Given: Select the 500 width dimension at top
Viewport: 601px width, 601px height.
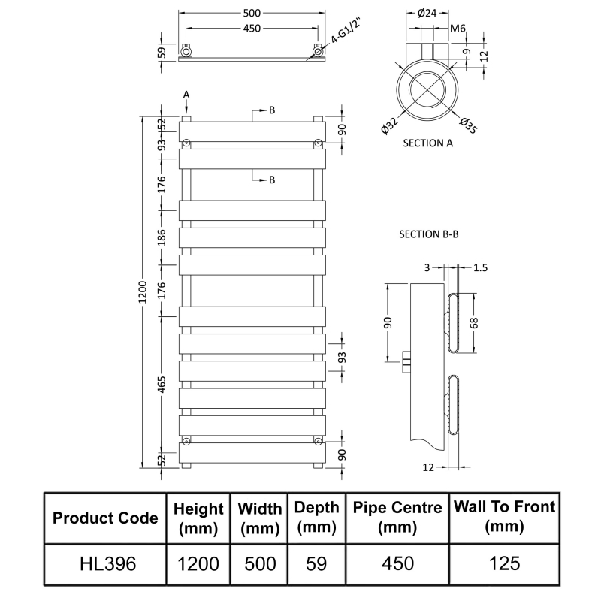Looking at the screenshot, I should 252,14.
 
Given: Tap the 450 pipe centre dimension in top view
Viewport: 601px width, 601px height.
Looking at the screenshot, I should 252,29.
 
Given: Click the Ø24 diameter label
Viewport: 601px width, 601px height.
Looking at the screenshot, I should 426,13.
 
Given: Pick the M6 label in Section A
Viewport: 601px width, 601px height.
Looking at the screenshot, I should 458,29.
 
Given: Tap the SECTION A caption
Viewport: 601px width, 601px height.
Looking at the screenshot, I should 428,143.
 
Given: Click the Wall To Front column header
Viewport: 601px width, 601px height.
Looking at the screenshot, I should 504,517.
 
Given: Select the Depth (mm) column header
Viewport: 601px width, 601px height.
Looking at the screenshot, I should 316,517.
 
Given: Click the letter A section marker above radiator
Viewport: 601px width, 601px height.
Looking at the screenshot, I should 186,94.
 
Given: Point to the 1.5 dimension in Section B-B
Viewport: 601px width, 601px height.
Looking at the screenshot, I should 482,267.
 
